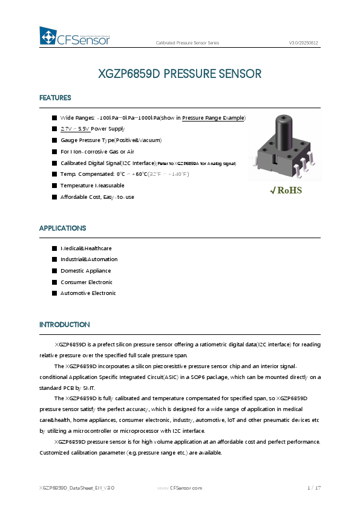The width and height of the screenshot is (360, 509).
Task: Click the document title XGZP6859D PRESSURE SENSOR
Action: pyautogui.click(x=180, y=74)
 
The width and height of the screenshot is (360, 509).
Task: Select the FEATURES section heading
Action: pyautogui.click(x=55, y=98)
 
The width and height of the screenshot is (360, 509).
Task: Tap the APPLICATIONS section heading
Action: pyautogui.click(x=62, y=229)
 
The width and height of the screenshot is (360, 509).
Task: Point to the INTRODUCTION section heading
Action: pyautogui.click(x=65, y=325)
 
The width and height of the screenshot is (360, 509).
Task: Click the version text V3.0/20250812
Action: pyautogui.click(x=303, y=44)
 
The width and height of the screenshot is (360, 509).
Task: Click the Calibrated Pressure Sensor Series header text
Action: pyautogui.click(x=188, y=44)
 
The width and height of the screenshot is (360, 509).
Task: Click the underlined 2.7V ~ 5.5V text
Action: pyautogui.click(x=75, y=129)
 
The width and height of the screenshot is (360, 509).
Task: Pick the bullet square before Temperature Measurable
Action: pyautogui.click(x=54, y=186)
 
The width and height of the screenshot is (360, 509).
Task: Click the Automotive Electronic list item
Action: pyautogui.click(x=88, y=293)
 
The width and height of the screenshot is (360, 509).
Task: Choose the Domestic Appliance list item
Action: pyautogui.click(x=85, y=271)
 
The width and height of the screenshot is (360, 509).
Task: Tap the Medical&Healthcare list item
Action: pyautogui.click(x=86, y=248)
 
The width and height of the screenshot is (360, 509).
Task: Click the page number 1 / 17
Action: pyautogui.click(x=313, y=488)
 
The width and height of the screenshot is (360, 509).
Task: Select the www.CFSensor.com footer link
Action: pyautogui.click(x=180, y=488)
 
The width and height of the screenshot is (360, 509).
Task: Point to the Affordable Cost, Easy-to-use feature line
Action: pyautogui.click(x=97, y=197)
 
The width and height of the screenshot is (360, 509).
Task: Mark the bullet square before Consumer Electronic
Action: pyautogui.click(x=54, y=282)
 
